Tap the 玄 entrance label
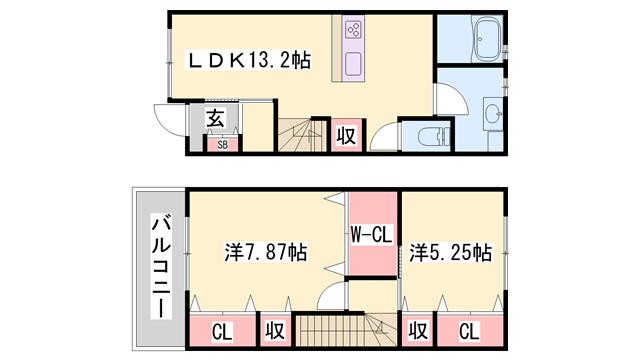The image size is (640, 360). pyautogui.click(x=215, y=119)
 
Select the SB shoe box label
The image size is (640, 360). pyautogui.click(x=221, y=144)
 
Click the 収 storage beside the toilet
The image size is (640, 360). pyautogui.click(x=345, y=136)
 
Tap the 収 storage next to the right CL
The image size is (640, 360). pyautogui.click(x=419, y=329)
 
